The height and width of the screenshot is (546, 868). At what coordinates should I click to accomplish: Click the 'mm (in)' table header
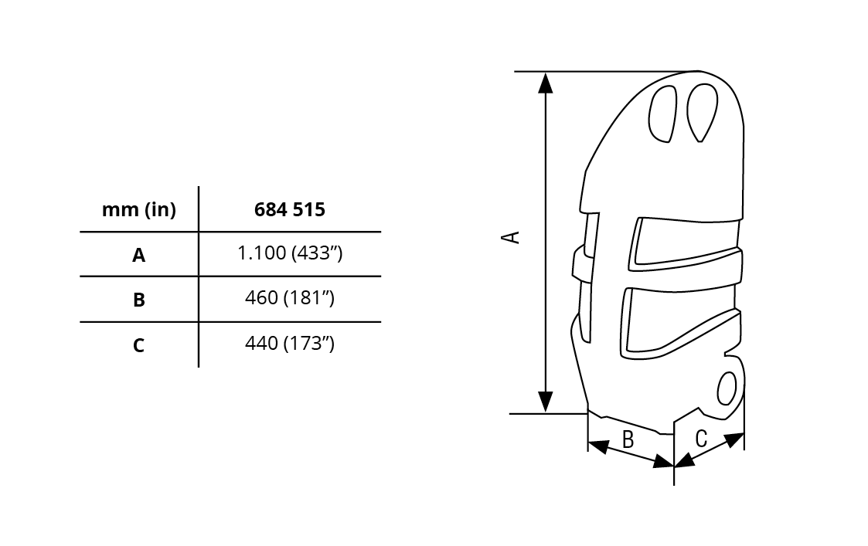coord(139,209)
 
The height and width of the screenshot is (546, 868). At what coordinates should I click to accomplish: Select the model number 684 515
coord(290,209)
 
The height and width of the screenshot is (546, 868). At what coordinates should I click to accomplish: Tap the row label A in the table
coord(139,255)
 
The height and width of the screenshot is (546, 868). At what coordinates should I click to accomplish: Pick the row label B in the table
coord(139,300)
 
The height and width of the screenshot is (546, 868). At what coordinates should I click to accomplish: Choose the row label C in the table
coord(139,345)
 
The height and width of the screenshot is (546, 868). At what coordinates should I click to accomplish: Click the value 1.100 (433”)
coord(290,253)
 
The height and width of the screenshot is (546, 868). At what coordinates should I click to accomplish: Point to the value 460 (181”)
coord(290,297)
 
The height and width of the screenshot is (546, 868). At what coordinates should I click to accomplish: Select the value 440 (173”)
coord(290,343)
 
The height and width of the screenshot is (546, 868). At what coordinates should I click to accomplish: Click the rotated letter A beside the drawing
coord(510,237)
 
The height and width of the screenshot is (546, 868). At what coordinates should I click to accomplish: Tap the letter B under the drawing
coord(628,439)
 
